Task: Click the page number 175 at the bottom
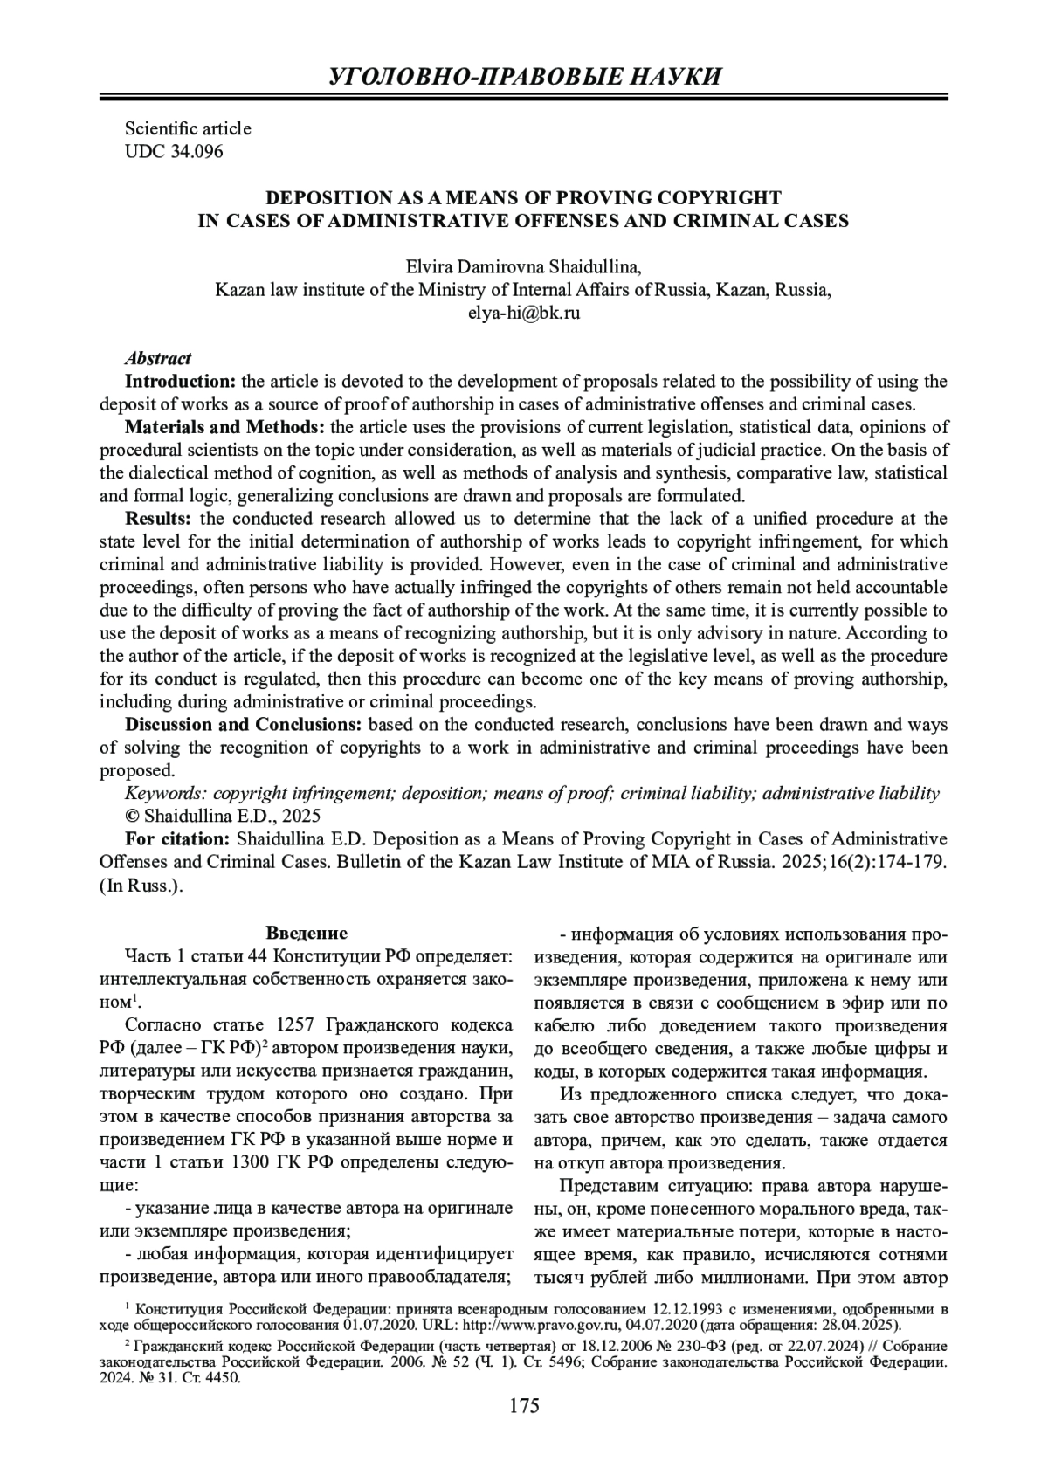(524, 1430)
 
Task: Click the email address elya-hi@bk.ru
(524, 313)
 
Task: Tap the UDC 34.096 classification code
(174, 151)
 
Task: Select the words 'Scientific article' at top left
(188, 128)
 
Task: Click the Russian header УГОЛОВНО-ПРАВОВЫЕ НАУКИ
(524, 76)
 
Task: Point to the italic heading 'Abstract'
(158, 358)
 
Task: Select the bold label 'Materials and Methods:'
(225, 427)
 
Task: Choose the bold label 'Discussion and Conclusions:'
(244, 725)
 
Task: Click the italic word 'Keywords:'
(166, 793)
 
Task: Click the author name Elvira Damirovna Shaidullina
(524, 267)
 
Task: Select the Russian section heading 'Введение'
(307, 934)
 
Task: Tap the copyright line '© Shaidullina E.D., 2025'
(223, 817)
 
